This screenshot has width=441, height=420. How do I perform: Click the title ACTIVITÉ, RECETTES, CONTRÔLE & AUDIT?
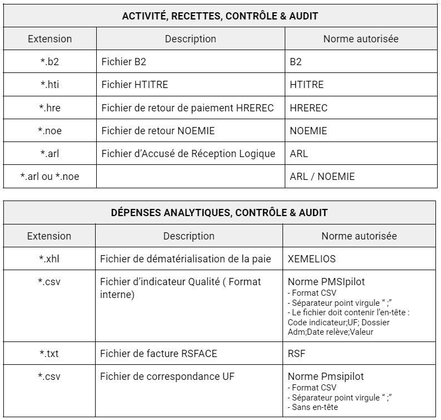[220, 16]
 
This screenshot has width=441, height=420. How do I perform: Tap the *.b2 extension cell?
[49, 62]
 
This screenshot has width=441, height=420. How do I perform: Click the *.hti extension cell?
[49, 85]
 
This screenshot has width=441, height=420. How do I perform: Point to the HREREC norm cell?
[309, 108]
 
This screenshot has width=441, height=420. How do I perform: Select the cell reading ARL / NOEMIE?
[322, 177]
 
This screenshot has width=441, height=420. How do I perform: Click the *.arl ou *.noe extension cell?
[49, 177]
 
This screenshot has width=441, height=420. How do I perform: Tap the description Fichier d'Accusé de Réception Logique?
[188, 154]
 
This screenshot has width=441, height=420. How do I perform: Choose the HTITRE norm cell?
[306, 85]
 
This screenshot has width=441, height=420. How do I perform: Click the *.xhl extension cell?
[49, 258]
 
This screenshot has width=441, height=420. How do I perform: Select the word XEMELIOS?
[311, 258]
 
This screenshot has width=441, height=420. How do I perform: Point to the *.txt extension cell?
[49, 353]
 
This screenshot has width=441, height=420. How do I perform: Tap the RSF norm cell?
[296, 353]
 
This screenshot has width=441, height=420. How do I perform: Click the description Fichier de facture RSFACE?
[158, 353]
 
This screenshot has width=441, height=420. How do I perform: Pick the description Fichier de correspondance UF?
[167, 377]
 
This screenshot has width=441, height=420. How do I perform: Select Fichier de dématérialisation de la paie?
[185, 258]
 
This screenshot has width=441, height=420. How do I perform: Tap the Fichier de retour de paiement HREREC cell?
[187, 108]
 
